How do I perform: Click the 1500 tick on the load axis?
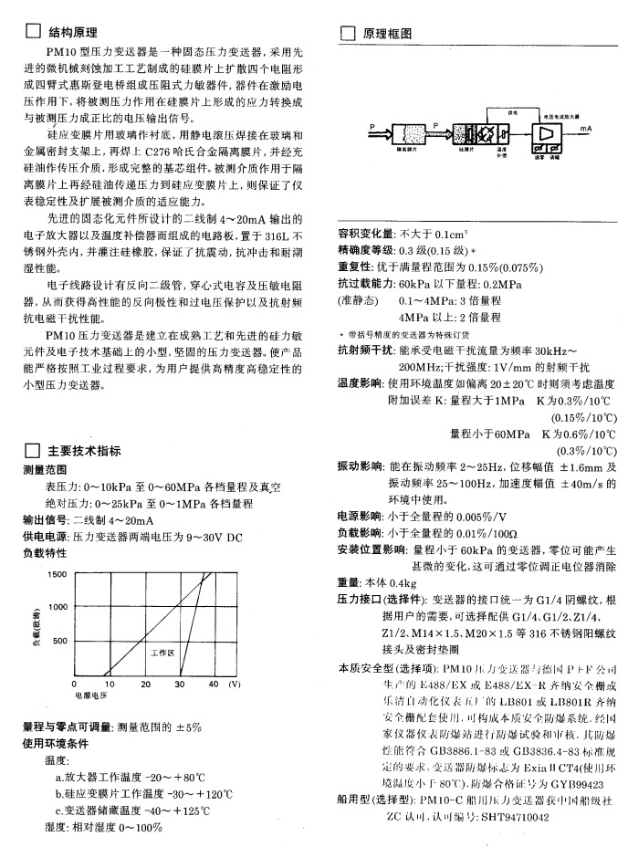[x=58, y=574]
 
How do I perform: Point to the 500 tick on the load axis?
[x=61, y=642]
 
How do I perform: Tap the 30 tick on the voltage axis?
[x=180, y=684]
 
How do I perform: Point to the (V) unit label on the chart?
[x=235, y=684]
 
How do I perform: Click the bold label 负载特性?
[x=46, y=553]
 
